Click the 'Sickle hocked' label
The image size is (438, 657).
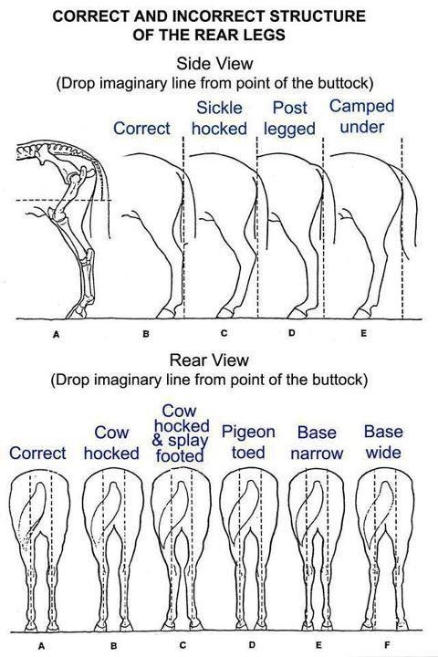coord(219,118)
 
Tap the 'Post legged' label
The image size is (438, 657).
coord(289,118)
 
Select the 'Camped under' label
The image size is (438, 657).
coord(361,117)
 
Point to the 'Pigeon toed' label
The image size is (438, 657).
coord(248,442)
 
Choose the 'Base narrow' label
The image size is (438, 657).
coord(317,443)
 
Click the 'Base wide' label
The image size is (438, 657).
coord(383,442)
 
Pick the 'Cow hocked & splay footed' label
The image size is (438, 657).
coord(181,433)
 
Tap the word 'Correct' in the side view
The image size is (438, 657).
coord(141,129)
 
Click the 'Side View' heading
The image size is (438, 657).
coord(214,64)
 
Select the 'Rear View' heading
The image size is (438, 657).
coord(209,360)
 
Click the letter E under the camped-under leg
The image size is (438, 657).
coord(363,333)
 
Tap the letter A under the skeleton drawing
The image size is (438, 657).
coord(57,334)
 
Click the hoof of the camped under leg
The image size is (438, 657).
coord(361,313)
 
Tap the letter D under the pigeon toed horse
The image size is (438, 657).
coord(252,644)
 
